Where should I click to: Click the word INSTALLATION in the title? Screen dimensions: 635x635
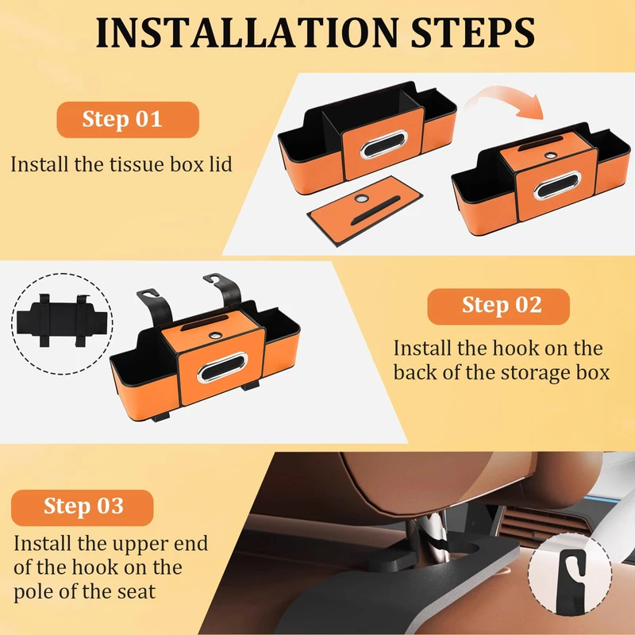coord(248,33)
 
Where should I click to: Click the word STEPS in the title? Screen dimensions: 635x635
coord(472,33)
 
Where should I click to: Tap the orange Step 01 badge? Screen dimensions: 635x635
coord(128,120)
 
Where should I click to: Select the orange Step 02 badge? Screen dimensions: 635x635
coord(498,306)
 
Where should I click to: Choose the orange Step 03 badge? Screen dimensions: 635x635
coord(83,507)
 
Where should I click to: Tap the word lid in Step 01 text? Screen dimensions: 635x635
coord(221,164)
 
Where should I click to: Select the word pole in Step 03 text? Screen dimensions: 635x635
coord(34,591)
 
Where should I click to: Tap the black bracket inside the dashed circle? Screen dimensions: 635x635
coord(63,321)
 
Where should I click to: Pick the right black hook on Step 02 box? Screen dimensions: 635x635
coord(224,288)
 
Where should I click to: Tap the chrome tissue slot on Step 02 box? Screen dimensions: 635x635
coord(222,368)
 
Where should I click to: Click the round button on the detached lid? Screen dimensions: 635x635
coord(361,198)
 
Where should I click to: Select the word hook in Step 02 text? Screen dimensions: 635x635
coord(518,348)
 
